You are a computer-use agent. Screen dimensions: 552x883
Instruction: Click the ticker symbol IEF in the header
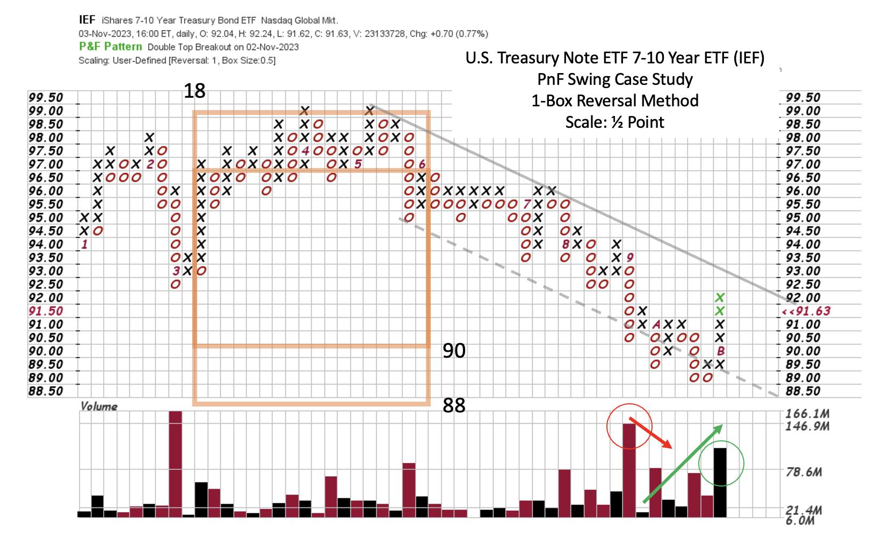pyautogui.click(x=86, y=20)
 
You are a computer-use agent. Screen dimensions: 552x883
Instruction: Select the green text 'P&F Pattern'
pyautogui.click(x=110, y=47)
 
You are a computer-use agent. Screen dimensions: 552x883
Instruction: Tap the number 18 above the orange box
pyautogui.click(x=194, y=91)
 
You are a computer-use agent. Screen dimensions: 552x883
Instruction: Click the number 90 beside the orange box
pyautogui.click(x=454, y=351)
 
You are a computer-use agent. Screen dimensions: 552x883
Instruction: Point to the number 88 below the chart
pyautogui.click(x=454, y=405)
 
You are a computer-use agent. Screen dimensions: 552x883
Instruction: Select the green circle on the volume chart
pyautogui.click(x=721, y=463)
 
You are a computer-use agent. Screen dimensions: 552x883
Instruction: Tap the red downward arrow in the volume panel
pyautogui.click(x=650, y=432)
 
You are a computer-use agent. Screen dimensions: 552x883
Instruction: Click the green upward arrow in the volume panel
pyautogui.click(x=683, y=463)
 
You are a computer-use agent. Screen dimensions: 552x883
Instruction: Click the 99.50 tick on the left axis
pyautogui.click(x=46, y=98)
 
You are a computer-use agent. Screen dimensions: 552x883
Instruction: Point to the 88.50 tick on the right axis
pyautogui.click(x=803, y=391)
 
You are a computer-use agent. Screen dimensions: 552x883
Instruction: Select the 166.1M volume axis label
pyautogui.click(x=807, y=414)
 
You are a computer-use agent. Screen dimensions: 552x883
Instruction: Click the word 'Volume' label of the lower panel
pyautogui.click(x=98, y=406)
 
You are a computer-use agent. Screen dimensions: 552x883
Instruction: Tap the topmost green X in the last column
pyautogui.click(x=721, y=297)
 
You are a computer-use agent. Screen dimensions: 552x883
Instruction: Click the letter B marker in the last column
pyautogui.click(x=721, y=351)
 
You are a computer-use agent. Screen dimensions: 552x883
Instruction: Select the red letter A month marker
pyautogui.click(x=655, y=325)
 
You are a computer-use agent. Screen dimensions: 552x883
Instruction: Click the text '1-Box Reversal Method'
pyautogui.click(x=615, y=100)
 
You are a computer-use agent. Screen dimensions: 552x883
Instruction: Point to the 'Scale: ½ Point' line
pyautogui.click(x=615, y=122)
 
